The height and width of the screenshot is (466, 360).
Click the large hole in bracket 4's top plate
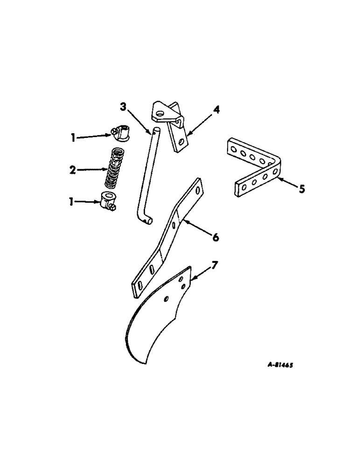(159, 113)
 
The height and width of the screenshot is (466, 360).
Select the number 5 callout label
(302, 190)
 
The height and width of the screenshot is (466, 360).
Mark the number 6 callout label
(215, 238)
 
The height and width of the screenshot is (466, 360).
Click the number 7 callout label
(215, 266)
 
